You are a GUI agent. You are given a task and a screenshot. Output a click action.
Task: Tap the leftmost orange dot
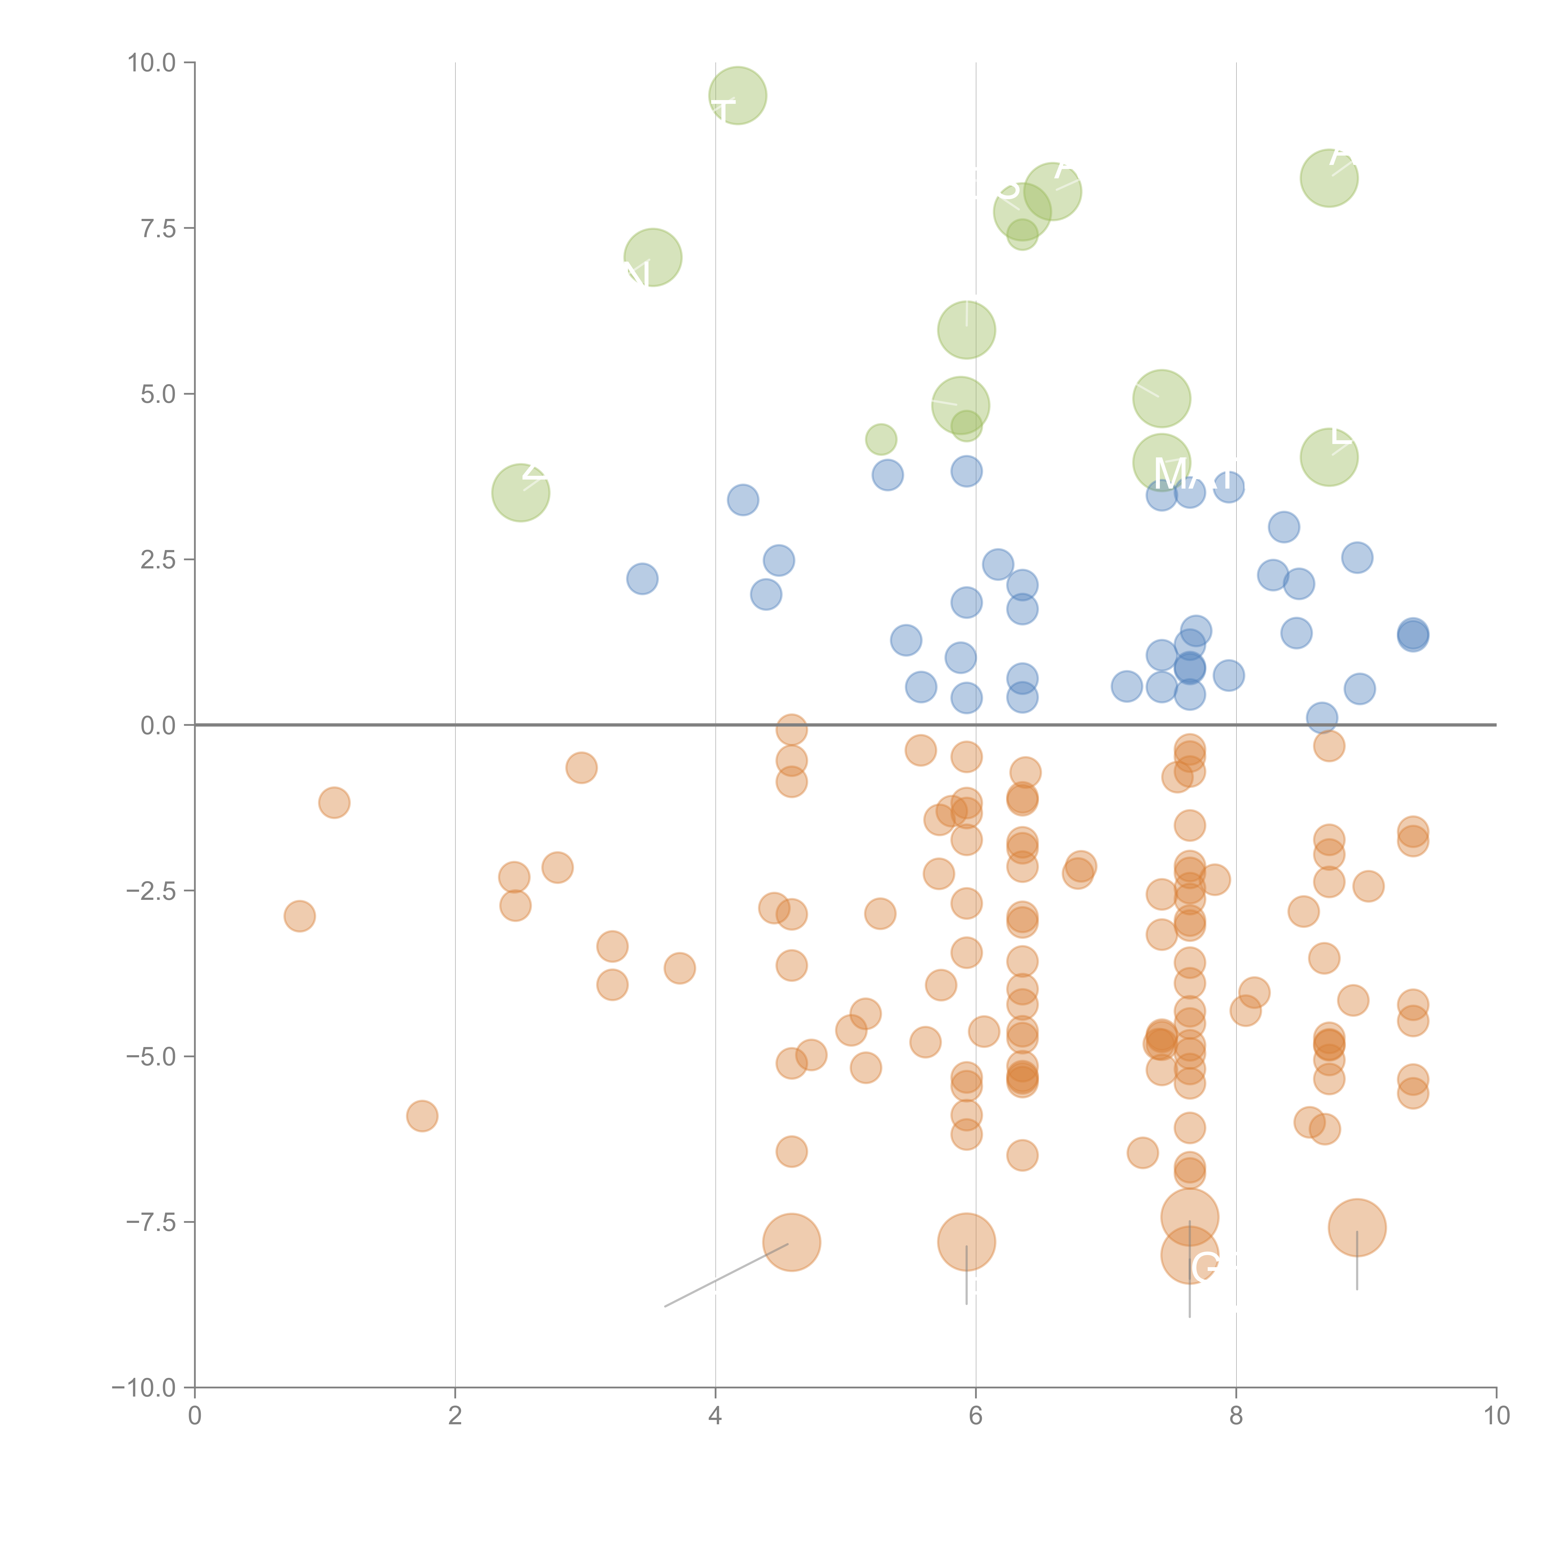tap(299, 916)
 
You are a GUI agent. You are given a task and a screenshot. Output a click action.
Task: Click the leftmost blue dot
tap(642, 579)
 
